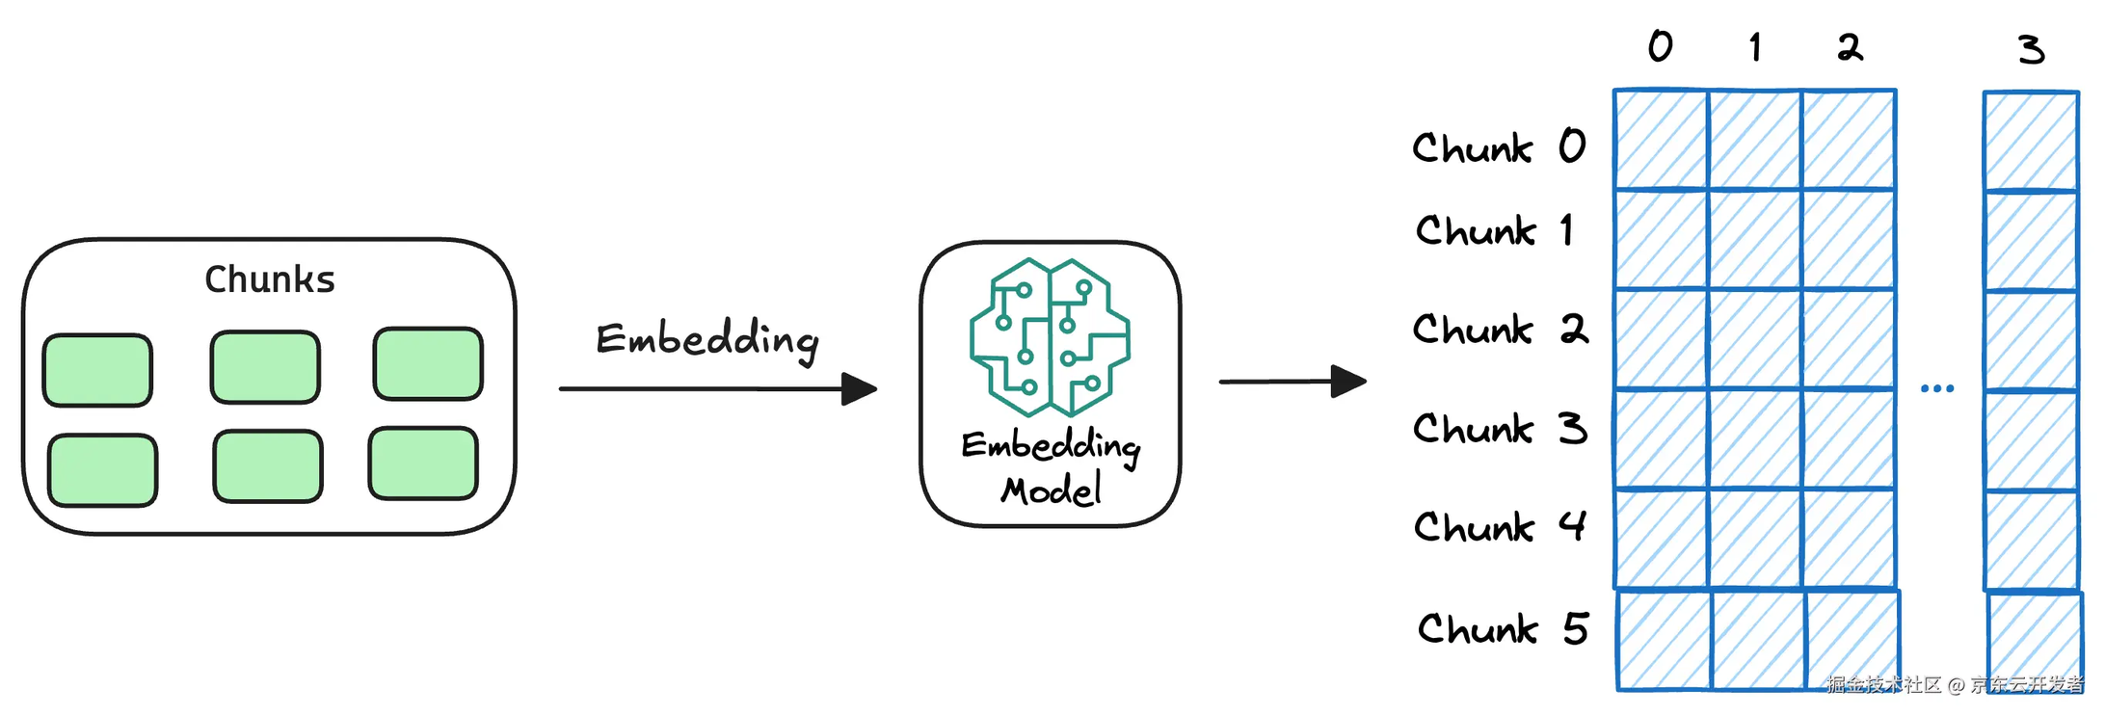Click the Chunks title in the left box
[x=270, y=279]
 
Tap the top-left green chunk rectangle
[x=97, y=370]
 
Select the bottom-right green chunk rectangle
[x=423, y=463]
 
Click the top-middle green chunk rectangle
[x=265, y=367]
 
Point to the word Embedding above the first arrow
[x=707, y=340]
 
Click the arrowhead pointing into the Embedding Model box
[x=860, y=389]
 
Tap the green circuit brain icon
[x=1050, y=336]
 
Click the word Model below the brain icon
[x=1051, y=490]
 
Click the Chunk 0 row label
[x=1499, y=147]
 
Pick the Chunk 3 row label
[x=1500, y=429]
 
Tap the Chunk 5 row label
[x=1503, y=629]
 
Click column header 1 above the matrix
[x=1756, y=47]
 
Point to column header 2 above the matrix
[x=1850, y=47]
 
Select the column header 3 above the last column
[x=2031, y=49]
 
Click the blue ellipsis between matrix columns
[x=1937, y=389]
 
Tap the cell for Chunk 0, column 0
[x=1662, y=140]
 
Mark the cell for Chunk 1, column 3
[x=2031, y=241]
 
